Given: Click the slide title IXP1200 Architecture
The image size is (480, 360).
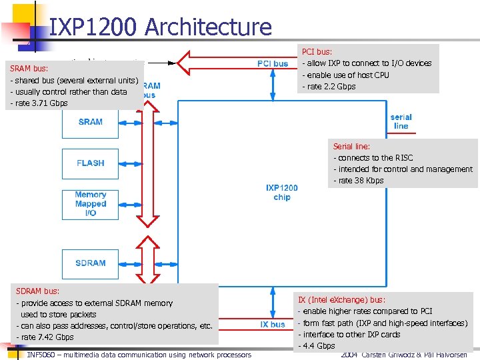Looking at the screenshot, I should pyautogui.click(x=161, y=27).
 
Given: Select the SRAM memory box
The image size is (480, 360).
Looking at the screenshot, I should pyautogui.click(x=91, y=122).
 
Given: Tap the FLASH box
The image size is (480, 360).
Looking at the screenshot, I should pyautogui.click(x=91, y=163).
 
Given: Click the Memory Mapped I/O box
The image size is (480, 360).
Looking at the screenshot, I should pyautogui.click(x=91, y=204).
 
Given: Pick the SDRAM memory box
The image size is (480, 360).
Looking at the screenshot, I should pyautogui.click(x=91, y=263).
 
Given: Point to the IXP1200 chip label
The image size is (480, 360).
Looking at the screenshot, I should pyautogui.click(x=281, y=193).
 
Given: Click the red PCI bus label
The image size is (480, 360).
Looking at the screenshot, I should pyautogui.click(x=273, y=64).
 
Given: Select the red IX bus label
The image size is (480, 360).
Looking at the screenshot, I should pyautogui.click(x=273, y=325).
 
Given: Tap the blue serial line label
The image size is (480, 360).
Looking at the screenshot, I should pyautogui.click(x=401, y=121).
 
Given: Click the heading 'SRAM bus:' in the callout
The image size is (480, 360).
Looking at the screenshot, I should pyautogui.click(x=29, y=69).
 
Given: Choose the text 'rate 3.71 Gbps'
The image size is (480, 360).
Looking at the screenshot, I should pyautogui.click(x=41, y=103).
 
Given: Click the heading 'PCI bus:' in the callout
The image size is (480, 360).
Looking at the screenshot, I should pyautogui.click(x=317, y=51).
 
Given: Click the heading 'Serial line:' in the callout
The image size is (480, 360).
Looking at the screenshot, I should pyautogui.click(x=351, y=146).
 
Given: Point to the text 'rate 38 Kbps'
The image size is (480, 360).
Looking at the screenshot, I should pyautogui.click(x=361, y=181).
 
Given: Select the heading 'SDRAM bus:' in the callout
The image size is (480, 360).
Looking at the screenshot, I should pyautogui.click(x=37, y=291).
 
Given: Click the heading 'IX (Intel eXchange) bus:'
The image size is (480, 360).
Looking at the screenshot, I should pyautogui.click(x=341, y=300).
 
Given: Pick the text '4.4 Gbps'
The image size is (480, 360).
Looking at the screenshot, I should pyautogui.click(x=318, y=346).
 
